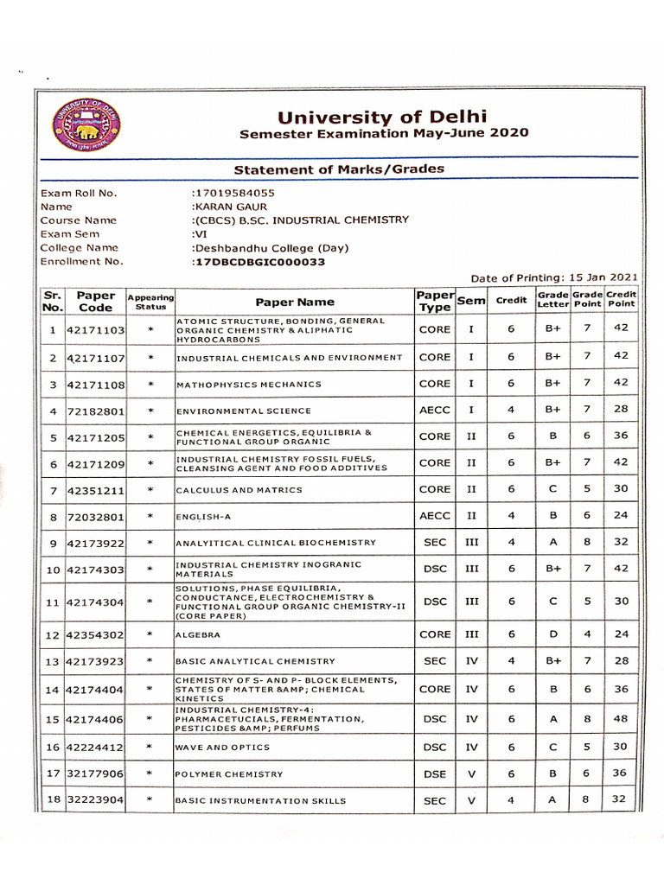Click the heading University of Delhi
click(382, 116)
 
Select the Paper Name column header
click(295, 302)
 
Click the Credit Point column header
click(620, 299)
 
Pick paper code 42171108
click(95, 385)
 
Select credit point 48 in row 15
click(619, 718)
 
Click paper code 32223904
click(95, 801)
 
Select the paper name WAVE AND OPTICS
click(223, 748)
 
